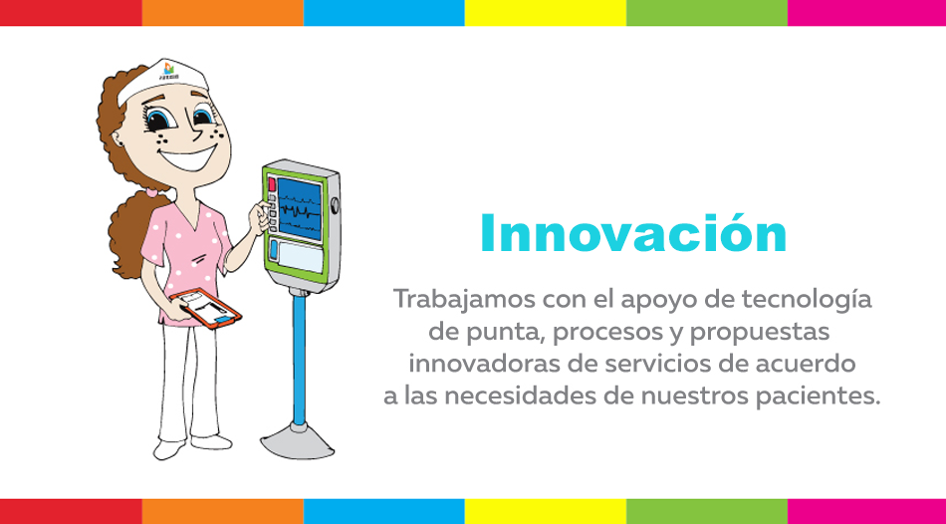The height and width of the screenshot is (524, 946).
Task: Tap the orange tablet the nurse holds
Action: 206,308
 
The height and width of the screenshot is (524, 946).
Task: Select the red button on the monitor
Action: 272,184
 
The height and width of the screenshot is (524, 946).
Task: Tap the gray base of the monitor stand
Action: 298,443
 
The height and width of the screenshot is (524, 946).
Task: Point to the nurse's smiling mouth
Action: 187,159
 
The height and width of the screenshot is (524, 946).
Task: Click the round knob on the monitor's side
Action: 336,205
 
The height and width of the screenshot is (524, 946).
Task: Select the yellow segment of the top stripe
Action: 546,13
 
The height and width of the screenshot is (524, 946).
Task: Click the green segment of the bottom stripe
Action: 706,511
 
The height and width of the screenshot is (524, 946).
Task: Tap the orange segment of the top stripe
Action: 223,13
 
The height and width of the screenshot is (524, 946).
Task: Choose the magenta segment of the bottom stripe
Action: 866,511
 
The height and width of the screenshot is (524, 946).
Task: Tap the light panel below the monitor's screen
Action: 301,256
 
